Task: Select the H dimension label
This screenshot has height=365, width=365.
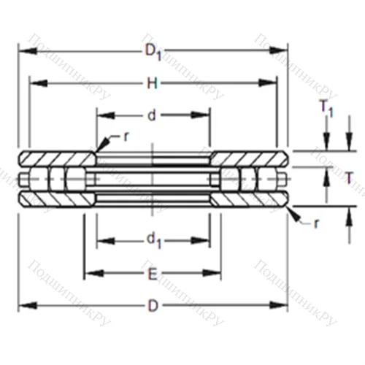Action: [x=152, y=83]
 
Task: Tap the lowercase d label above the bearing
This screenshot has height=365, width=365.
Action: [x=152, y=115]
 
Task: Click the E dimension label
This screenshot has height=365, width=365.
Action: [x=152, y=274]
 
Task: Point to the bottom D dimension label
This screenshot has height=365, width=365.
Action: [x=152, y=306]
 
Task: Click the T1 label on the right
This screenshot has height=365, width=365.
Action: [x=326, y=108]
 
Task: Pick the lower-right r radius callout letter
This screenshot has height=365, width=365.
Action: [x=315, y=223]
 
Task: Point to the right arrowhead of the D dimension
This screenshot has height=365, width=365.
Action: [x=283, y=306]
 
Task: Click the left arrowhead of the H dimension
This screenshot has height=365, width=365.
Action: [x=34, y=83]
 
